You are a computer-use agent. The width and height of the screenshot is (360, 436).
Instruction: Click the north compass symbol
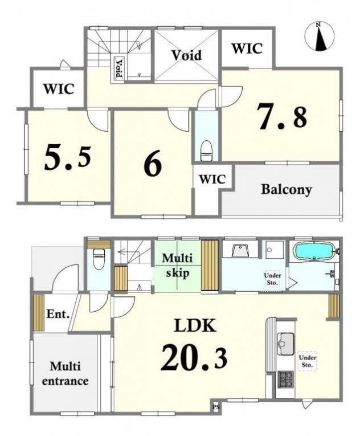click(320, 36)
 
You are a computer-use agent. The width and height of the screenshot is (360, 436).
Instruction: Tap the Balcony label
click(287, 190)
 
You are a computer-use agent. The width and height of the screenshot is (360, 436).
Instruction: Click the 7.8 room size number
click(283, 116)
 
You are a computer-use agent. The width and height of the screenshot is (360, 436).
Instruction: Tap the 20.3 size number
click(194, 357)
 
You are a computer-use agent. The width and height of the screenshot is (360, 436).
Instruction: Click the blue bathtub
click(313, 251)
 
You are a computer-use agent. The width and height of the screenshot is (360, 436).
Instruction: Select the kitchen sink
click(285, 344)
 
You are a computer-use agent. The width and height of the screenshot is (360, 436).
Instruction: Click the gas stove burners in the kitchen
click(285, 380)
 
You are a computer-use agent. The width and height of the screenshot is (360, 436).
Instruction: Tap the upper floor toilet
click(207, 150)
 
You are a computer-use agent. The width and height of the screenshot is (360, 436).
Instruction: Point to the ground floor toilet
click(99, 259)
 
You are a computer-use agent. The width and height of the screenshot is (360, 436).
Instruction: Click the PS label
click(216, 408)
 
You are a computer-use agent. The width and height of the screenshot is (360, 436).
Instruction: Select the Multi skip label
click(177, 266)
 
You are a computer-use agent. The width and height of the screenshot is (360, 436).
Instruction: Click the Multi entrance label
click(66, 373)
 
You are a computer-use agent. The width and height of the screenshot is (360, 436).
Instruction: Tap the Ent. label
click(58, 314)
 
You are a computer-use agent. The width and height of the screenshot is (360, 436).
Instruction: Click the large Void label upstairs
click(186, 55)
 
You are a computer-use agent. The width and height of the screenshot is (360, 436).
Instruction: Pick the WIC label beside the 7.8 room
click(247, 48)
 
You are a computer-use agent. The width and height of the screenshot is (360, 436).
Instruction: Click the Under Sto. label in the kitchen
click(308, 361)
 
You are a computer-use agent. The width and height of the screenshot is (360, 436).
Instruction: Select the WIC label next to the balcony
click(212, 179)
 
